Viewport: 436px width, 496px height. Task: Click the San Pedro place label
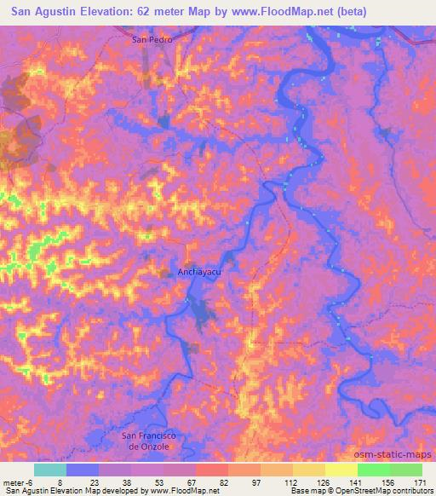[x=153, y=40]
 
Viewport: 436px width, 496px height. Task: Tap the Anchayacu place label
[x=200, y=273]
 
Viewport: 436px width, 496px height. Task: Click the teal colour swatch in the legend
[x=50, y=470]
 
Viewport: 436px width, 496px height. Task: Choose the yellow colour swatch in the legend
[x=341, y=470]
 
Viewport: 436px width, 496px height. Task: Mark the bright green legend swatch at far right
[x=406, y=470]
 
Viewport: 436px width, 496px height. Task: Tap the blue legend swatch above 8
[x=83, y=470]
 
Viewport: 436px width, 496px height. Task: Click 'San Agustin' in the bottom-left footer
[x=26, y=491]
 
